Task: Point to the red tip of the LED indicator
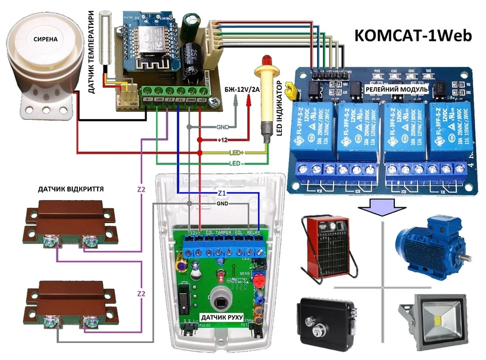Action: tap(265, 61)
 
